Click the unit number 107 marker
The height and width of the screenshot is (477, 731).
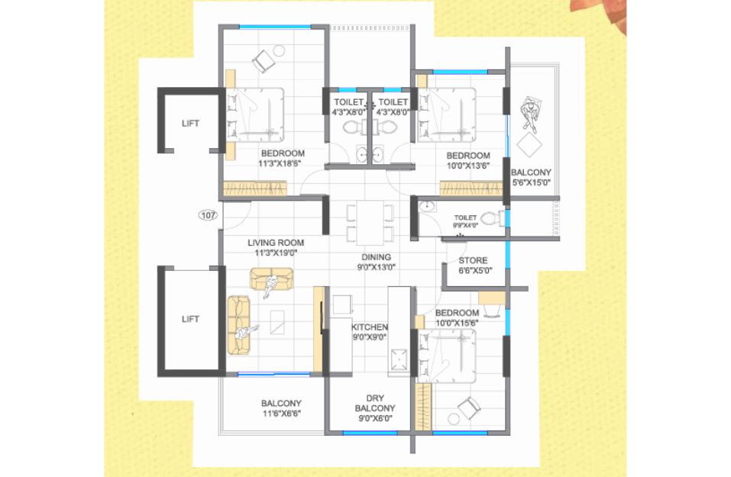point(208,215)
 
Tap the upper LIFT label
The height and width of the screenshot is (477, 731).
point(190,124)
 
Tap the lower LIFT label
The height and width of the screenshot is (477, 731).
point(190,319)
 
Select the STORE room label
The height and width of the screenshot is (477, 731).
point(473,260)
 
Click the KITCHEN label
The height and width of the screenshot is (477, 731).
point(369,327)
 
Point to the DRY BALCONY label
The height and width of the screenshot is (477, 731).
point(375,404)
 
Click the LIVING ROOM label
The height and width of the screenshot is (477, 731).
point(276,243)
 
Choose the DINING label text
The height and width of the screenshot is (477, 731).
point(377,257)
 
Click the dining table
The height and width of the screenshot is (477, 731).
point(370,223)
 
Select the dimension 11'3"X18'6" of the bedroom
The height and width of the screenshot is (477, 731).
point(280,163)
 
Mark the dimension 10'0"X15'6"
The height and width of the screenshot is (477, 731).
point(457,322)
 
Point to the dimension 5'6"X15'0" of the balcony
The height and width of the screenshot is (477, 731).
point(532,182)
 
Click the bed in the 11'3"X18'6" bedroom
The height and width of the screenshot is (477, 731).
point(255,114)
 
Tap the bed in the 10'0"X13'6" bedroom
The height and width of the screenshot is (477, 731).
point(447,114)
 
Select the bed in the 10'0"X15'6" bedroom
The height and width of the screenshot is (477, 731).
point(447,356)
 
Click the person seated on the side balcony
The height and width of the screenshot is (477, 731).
point(530,114)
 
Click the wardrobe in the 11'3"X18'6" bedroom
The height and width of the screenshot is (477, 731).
point(254,189)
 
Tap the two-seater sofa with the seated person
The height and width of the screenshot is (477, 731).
point(272,279)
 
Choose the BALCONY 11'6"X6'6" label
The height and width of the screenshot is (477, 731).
point(281,408)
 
